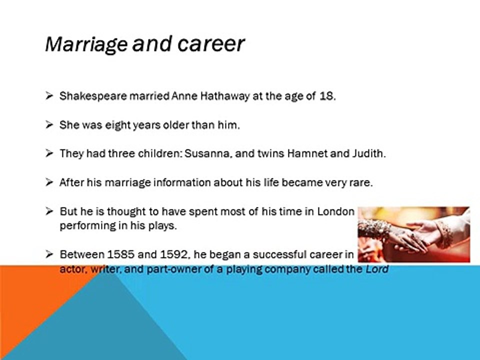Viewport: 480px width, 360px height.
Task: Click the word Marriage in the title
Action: [x=86, y=44]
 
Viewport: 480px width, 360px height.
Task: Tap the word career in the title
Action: [x=210, y=44]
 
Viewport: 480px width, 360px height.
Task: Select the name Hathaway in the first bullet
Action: [x=225, y=96]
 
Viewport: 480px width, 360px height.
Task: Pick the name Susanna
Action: [x=207, y=153]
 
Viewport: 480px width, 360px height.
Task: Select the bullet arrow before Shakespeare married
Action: [x=49, y=96]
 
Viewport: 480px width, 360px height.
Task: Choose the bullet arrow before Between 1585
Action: [x=49, y=254]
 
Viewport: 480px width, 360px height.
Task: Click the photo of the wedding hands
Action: [x=414, y=234]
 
